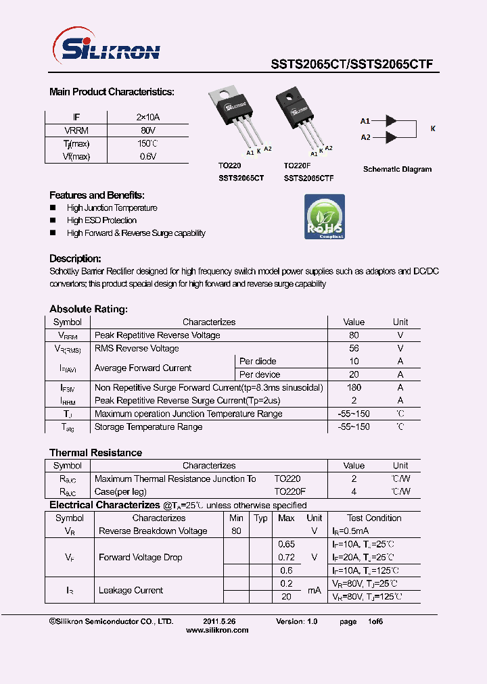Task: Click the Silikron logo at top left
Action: [x=106, y=49]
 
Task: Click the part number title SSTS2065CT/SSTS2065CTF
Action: [x=352, y=65]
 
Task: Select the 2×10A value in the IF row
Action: [x=147, y=118]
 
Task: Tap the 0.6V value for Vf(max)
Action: [x=147, y=157]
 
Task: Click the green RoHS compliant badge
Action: [x=325, y=217]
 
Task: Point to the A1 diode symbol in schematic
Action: [x=391, y=121]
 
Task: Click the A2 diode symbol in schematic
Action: [x=391, y=138]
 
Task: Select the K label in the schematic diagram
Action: [x=433, y=128]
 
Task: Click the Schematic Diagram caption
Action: [x=397, y=170]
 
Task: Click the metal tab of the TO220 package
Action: [x=227, y=94]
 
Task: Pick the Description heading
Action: [x=75, y=259]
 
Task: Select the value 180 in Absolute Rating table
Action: [x=353, y=388]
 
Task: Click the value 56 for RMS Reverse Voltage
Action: [x=354, y=349]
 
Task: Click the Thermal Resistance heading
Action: [x=95, y=453]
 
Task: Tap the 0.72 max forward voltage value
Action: [x=287, y=558]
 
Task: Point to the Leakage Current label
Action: [x=131, y=591]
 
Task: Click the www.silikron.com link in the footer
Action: [x=216, y=630]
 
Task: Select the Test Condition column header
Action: [x=374, y=518]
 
